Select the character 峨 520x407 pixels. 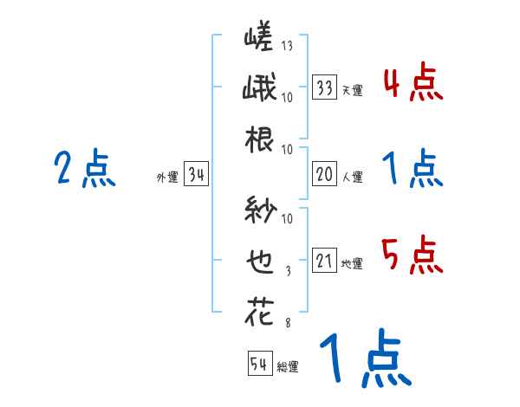257,89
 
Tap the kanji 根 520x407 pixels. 258,138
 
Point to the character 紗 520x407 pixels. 258,211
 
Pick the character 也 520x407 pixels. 258,261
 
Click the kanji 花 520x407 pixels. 258,311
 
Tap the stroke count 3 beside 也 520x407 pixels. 287,270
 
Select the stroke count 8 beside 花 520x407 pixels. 287,321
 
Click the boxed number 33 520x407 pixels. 324,87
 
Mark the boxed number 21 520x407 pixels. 324,261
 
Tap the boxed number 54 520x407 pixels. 260,365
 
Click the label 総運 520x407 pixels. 288,367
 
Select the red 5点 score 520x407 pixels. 411,255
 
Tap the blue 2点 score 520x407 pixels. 84,169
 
